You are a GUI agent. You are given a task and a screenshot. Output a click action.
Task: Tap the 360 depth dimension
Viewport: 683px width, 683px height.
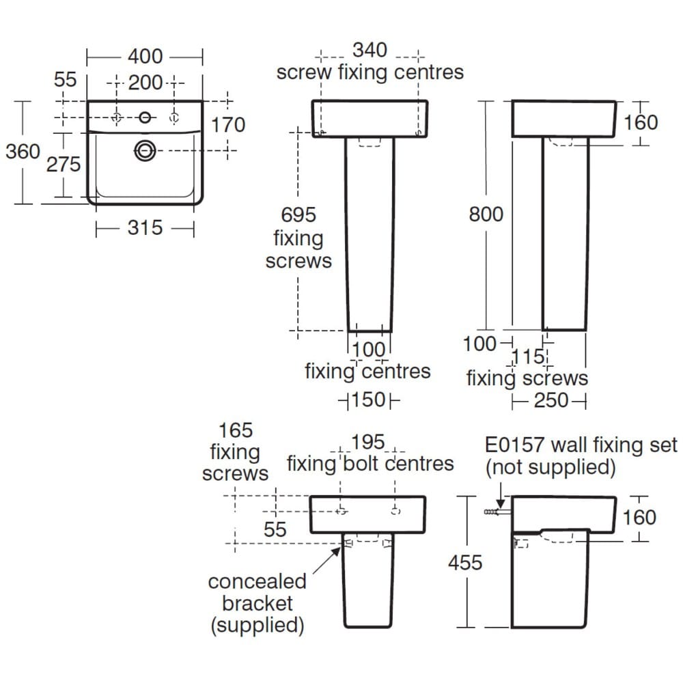(x=23, y=151)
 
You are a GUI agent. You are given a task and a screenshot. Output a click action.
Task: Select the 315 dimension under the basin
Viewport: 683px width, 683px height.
(x=145, y=228)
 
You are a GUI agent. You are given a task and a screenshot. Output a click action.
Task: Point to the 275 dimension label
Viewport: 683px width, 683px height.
(x=64, y=164)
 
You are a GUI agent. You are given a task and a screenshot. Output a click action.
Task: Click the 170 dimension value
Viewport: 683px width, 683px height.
(x=227, y=125)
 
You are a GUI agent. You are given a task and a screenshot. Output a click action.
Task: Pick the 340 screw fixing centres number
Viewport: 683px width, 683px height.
(x=370, y=51)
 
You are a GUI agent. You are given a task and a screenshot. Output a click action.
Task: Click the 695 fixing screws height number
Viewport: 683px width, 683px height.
(x=298, y=214)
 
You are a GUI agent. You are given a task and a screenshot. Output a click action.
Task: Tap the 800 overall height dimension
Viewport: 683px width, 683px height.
(x=486, y=214)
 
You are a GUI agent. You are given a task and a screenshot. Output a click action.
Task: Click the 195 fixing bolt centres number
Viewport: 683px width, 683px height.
(x=369, y=443)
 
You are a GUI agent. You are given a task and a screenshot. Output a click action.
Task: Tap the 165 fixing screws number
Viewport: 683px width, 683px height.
(x=235, y=430)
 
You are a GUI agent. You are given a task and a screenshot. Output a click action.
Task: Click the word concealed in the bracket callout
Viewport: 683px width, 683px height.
(x=257, y=582)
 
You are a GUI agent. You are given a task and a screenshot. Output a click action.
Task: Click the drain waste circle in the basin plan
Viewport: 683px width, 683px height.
(x=144, y=150)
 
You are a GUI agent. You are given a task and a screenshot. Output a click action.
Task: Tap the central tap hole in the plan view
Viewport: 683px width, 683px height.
(x=145, y=117)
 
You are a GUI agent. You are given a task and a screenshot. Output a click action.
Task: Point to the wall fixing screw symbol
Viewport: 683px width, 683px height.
(x=492, y=512)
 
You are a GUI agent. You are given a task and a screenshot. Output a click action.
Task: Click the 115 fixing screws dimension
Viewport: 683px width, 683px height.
(x=529, y=357)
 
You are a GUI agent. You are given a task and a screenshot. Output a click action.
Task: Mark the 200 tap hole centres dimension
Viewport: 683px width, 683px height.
(x=145, y=83)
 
